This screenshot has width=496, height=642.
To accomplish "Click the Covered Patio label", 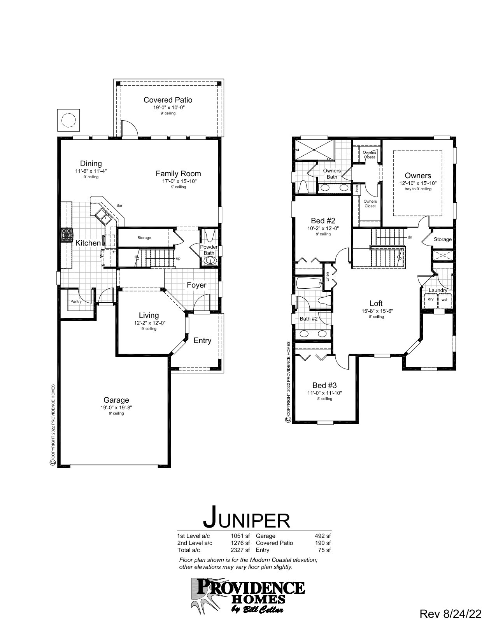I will click(168, 100).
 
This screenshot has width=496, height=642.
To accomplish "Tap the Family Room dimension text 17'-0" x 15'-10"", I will click(178, 181).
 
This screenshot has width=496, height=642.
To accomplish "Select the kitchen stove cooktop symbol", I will click(67, 235).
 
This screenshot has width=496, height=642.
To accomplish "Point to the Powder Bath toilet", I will click(209, 235).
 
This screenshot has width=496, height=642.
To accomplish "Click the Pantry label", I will click(76, 302).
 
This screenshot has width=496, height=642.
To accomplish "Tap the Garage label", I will click(116, 400).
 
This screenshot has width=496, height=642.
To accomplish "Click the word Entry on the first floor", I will click(202, 340).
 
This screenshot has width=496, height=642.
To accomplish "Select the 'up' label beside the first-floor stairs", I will click(178, 258).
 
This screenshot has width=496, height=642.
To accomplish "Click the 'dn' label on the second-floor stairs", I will click(410, 237).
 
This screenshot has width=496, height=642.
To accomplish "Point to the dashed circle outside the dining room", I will click(69, 120).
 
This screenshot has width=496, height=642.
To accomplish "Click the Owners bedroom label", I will click(418, 176).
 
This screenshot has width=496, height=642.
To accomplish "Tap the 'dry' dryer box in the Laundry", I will click(430, 300).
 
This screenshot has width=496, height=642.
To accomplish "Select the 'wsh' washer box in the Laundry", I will click(445, 300).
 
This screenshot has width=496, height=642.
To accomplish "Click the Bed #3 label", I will click(324, 385).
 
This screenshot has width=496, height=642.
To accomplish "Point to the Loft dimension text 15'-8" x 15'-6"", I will click(376, 311).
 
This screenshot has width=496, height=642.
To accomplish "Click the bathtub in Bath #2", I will click(309, 283).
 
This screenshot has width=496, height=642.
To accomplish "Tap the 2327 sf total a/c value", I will click(240, 550).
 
